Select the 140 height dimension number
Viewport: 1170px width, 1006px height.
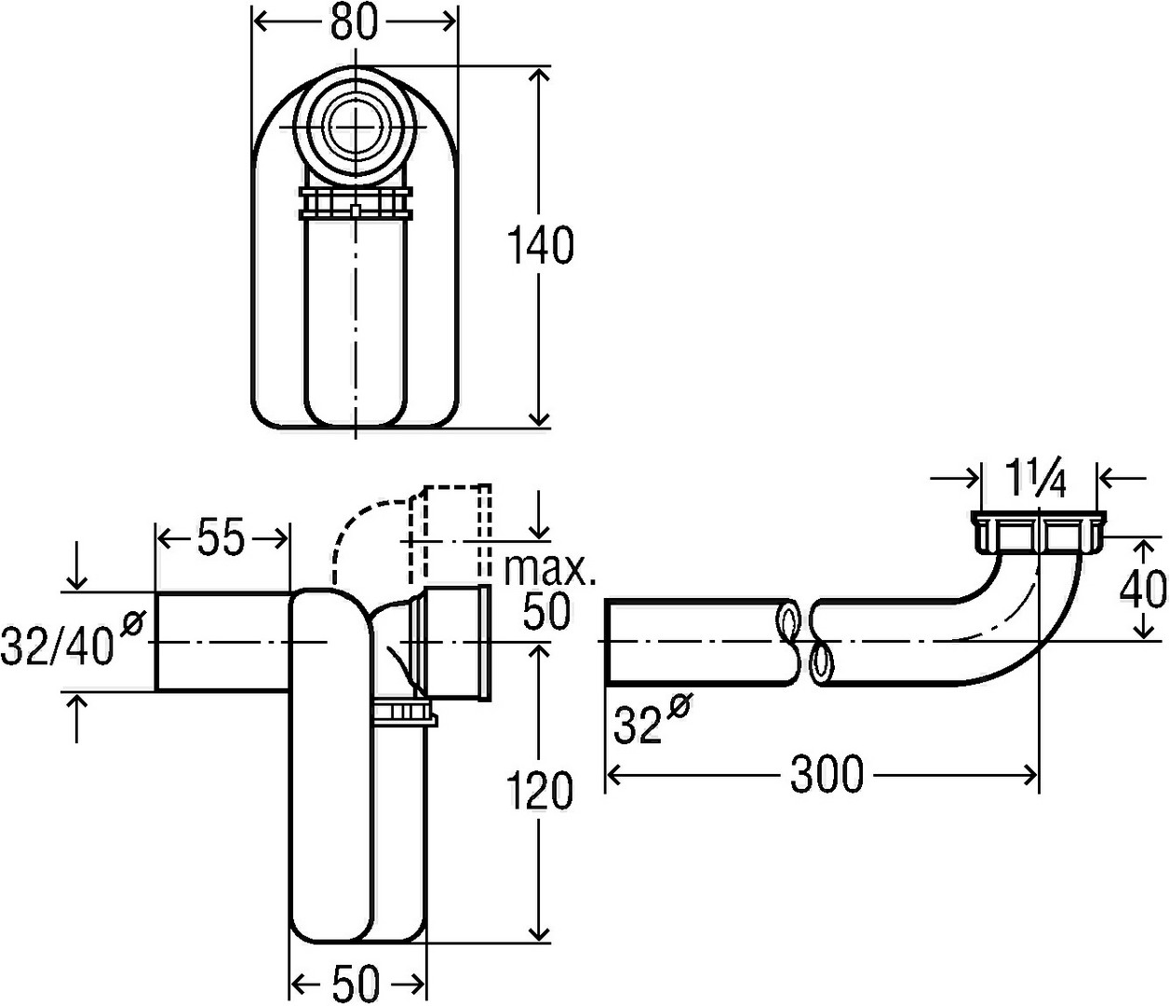coord(540,246)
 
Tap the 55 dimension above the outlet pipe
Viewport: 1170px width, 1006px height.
coord(222,537)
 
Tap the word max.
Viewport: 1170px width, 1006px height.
coord(550,570)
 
